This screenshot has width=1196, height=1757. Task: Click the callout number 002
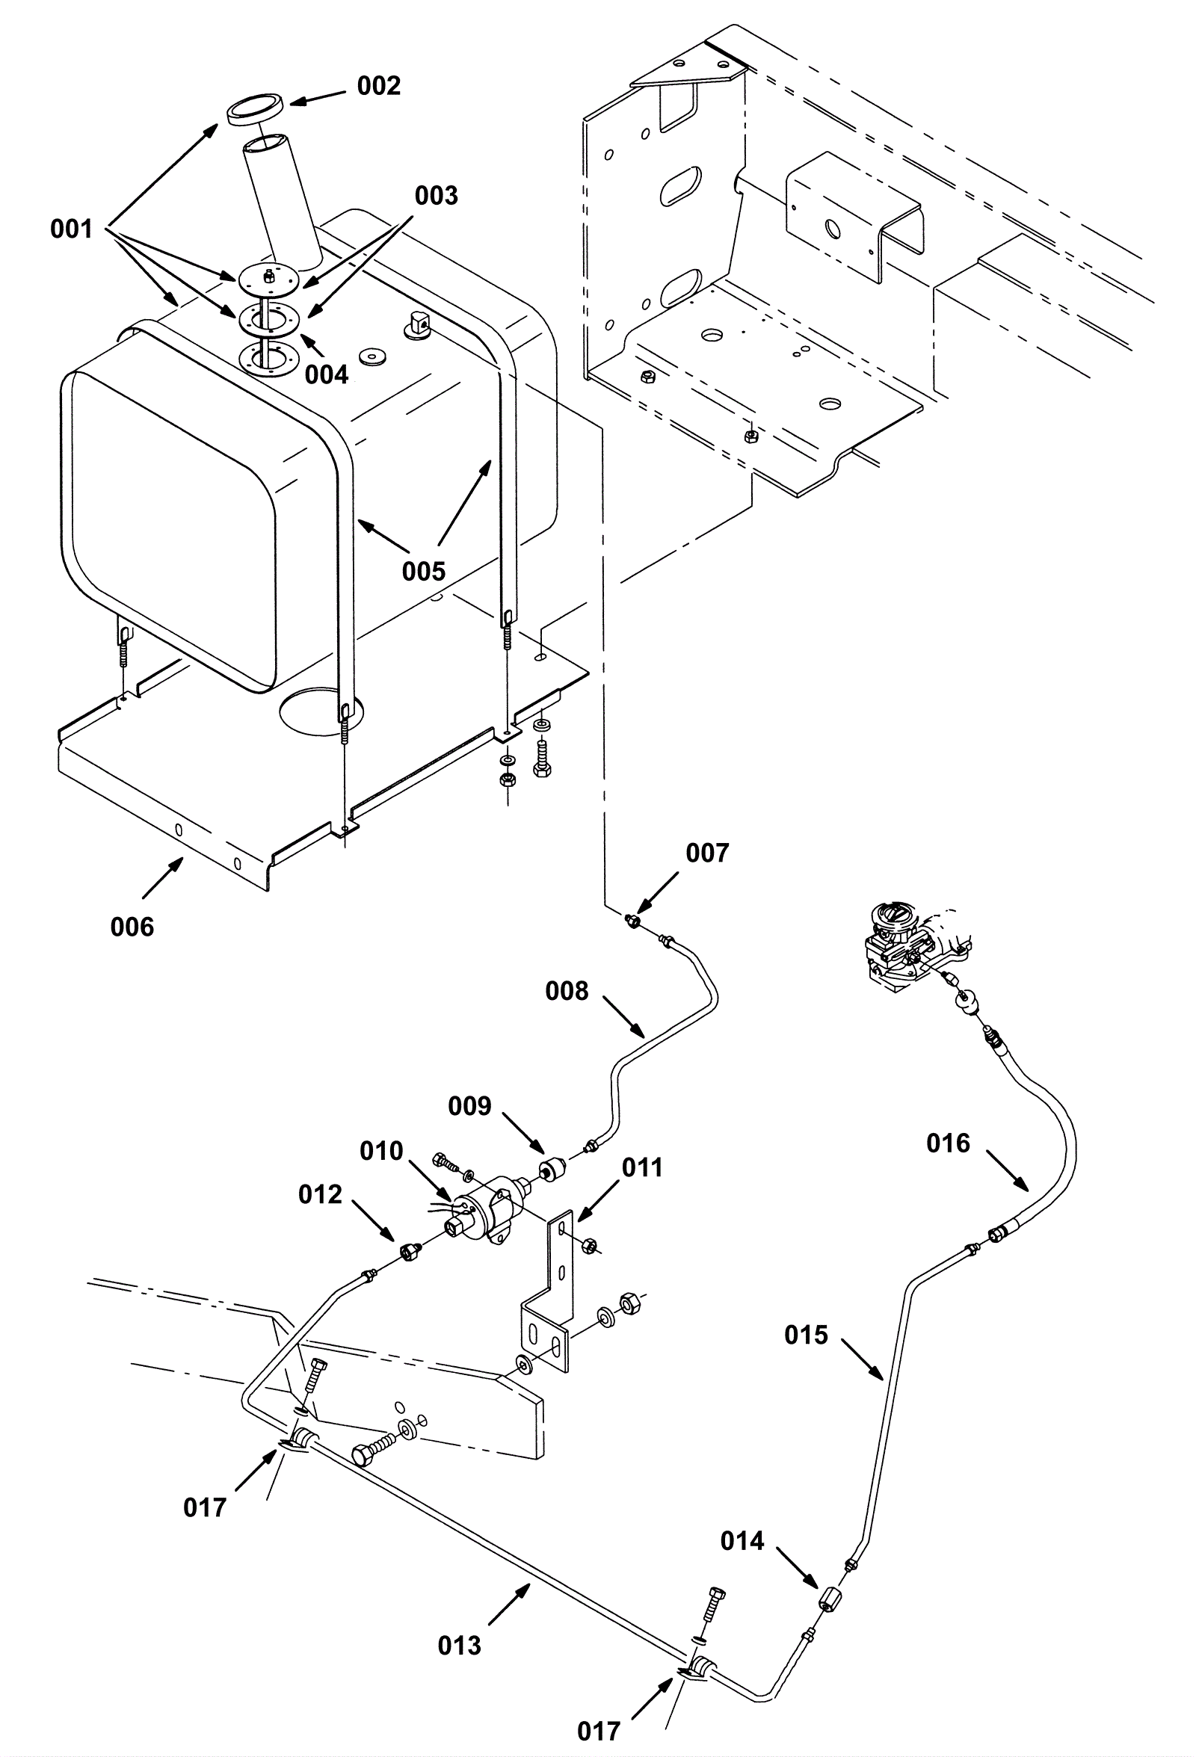click(379, 86)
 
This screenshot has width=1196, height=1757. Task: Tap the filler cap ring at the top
click(256, 108)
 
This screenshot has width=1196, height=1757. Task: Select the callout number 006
click(132, 927)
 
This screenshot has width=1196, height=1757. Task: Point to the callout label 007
click(707, 853)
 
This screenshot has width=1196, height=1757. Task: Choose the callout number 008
click(567, 990)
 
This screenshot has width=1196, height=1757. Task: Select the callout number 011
click(642, 1167)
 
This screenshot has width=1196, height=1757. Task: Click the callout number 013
click(460, 1645)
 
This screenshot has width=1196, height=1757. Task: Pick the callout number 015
click(807, 1335)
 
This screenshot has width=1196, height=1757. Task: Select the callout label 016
click(948, 1143)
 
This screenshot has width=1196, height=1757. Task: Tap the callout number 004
click(327, 374)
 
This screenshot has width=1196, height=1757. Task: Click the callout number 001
click(72, 229)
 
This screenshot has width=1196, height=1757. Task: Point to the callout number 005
click(424, 571)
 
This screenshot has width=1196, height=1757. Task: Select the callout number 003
click(437, 196)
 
